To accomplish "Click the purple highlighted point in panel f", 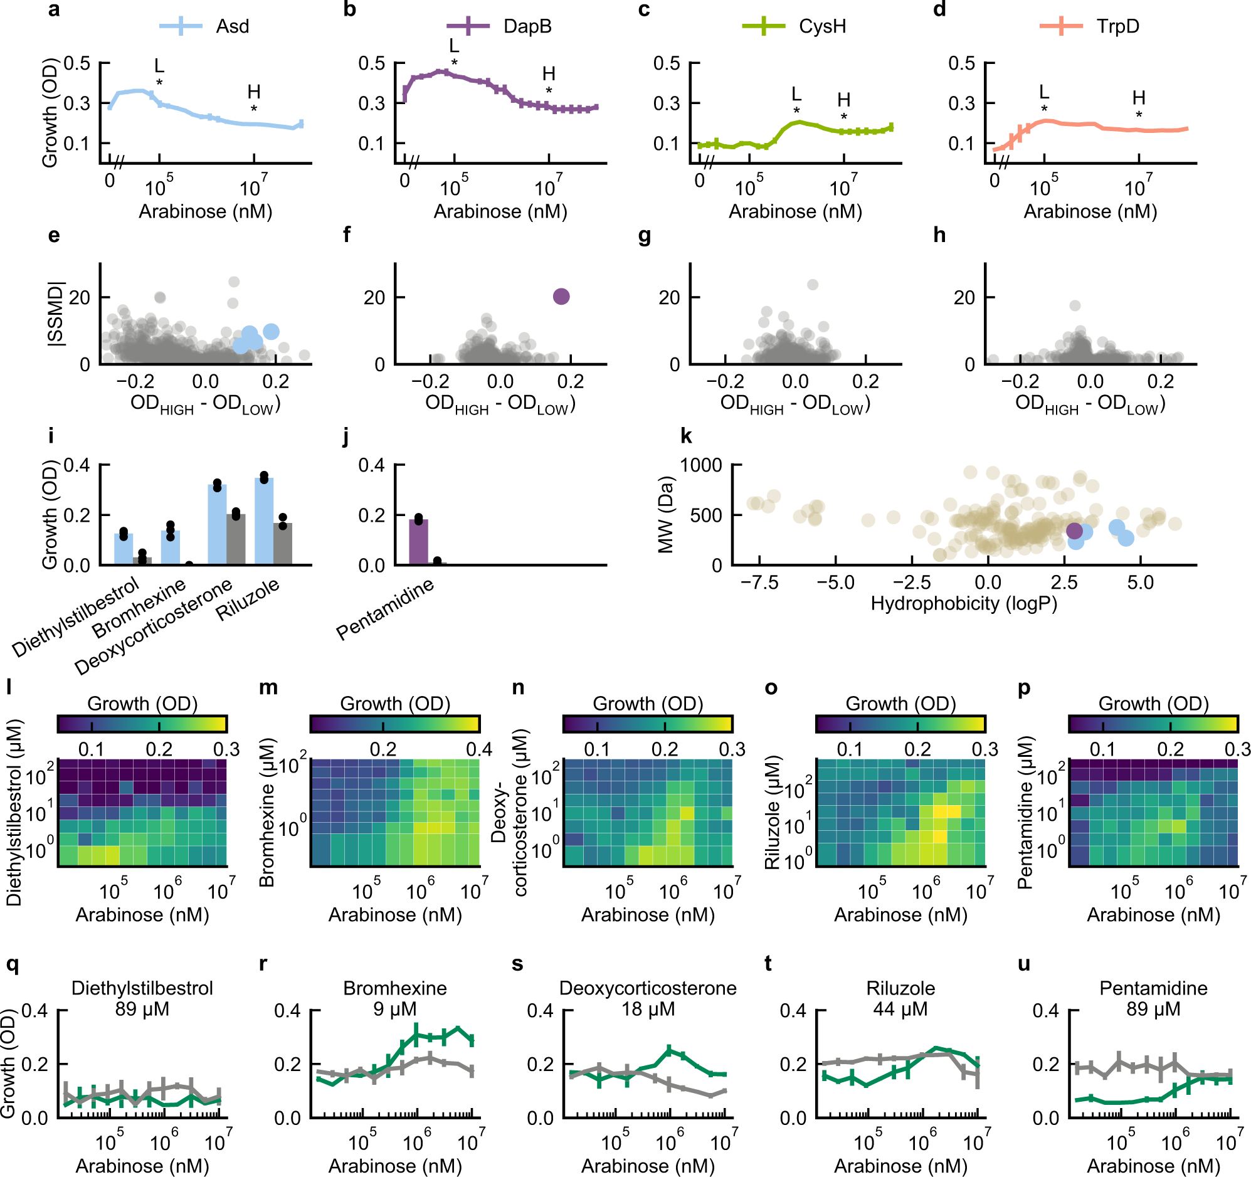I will [561, 297].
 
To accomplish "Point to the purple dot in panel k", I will [1075, 530].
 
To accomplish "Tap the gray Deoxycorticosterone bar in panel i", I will [236, 539].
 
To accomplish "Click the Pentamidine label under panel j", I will [385, 609].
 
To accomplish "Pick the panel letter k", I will [687, 436].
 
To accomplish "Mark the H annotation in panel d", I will [1139, 98].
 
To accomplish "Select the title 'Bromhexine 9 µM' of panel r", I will [395, 998].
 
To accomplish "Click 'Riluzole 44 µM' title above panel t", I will [900, 998].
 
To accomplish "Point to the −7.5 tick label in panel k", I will [759, 583].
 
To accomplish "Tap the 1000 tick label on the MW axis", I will [701, 465].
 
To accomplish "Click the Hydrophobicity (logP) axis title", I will [963, 603].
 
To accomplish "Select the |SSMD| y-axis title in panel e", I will [55, 314].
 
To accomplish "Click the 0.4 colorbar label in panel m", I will [479, 749].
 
